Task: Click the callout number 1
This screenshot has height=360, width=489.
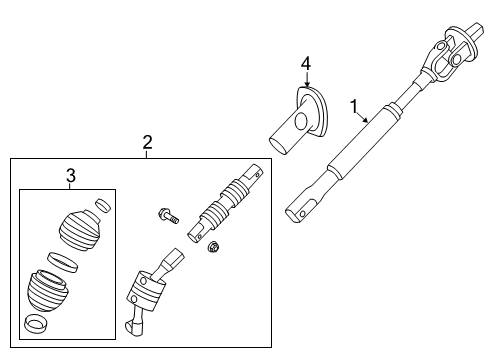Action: click(351, 104)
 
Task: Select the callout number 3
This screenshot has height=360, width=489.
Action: click(70, 177)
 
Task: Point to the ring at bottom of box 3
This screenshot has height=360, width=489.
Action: click(37, 324)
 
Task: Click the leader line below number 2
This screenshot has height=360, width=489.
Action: click(147, 154)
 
